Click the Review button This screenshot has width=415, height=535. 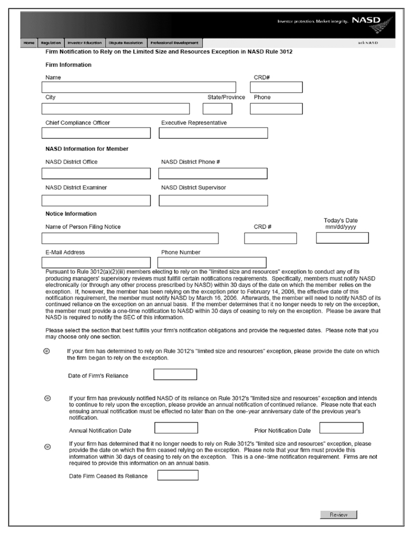tap(339, 515)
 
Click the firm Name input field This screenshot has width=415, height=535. tap(139, 87)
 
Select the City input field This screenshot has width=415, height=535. tap(116, 109)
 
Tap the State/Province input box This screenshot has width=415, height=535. tap(217, 109)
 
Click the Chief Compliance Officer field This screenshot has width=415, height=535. tap(96, 133)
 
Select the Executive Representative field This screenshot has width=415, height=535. tap(213, 133)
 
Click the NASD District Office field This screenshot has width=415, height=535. tap(96, 173)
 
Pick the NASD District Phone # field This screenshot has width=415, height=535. tap(213, 173)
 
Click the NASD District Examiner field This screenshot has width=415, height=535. tap(96, 201)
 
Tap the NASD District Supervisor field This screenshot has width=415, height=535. tap(213, 201)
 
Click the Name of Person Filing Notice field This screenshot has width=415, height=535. tap(130, 238)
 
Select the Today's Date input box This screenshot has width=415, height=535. tap(342, 238)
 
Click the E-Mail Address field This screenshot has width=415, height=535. tap(96, 262)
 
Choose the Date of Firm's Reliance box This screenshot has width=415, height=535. tap(175, 374)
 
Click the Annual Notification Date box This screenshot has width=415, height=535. tap(176, 428)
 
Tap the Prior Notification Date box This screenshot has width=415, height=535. tap(341, 428)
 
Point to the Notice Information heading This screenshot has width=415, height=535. tap(71, 214)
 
